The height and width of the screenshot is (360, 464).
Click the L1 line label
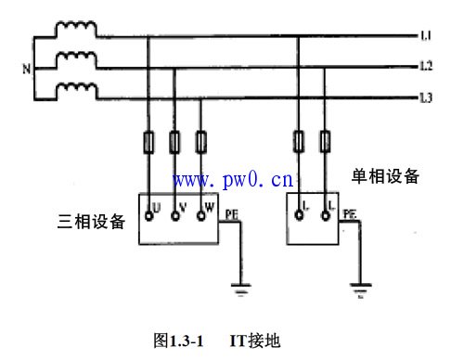pyautogui.click(x=424, y=36)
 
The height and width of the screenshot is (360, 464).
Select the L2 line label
pyautogui.click(x=424, y=67)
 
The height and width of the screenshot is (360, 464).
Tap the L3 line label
pyautogui.click(x=424, y=97)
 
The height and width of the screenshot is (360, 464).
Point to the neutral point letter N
pyautogui.click(x=26, y=67)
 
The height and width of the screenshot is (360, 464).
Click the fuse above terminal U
pyautogui.click(x=148, y=143)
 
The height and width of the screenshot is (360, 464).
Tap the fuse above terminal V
pyautogui.click(x=175, y=143)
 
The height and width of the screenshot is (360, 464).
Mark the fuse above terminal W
pyautogui.click(x=201, y=143)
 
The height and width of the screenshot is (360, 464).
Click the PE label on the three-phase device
pyautogui.click(x=233, y=213)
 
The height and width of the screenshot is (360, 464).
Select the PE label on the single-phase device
pyautogui.click(x=350, y=213)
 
